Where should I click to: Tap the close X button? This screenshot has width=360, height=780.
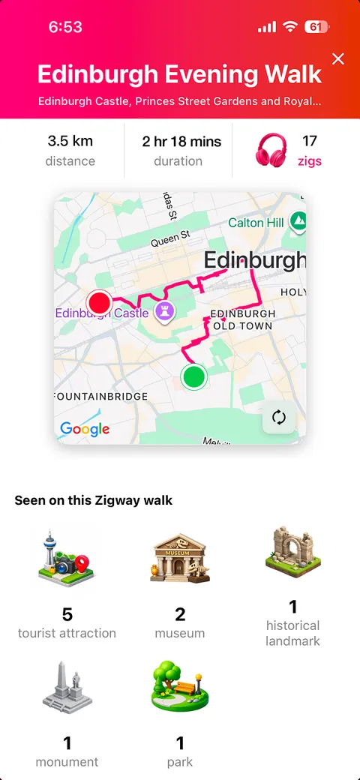click(338, 59)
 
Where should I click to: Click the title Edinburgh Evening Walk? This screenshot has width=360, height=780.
click(179, 74)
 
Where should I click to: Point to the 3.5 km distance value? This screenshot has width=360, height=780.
click(70, 140)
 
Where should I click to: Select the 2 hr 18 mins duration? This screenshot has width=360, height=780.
click(178, 140)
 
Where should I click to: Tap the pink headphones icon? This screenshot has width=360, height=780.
click(273, 149)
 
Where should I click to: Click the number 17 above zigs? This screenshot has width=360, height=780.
click(310, 140)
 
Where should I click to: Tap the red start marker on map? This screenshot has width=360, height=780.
click(100, 303)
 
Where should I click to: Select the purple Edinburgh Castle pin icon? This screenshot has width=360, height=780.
click(165, 311)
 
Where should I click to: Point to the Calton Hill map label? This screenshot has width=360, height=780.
click(256, 223)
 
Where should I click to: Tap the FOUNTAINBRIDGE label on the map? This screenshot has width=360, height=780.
click(100, 395)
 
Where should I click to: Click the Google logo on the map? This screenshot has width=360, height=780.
click(85, 429)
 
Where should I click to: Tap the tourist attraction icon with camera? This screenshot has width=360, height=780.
click(67, 559)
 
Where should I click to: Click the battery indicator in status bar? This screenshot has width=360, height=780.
click(316, 27)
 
